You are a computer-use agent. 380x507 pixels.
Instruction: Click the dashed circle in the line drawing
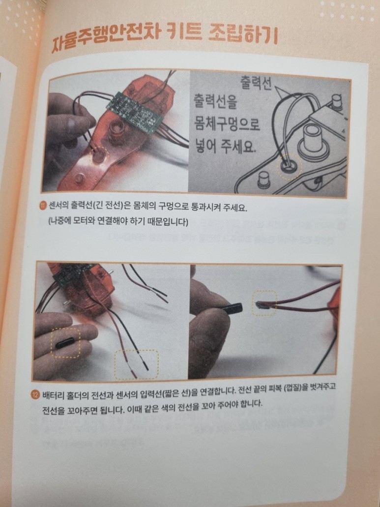tap(290, 167)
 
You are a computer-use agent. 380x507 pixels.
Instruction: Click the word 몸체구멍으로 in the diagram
tap(227, 124)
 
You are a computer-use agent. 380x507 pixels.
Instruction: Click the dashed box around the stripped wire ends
tap(136, 364)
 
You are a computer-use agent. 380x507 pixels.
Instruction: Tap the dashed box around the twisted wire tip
tap(264, 303)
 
